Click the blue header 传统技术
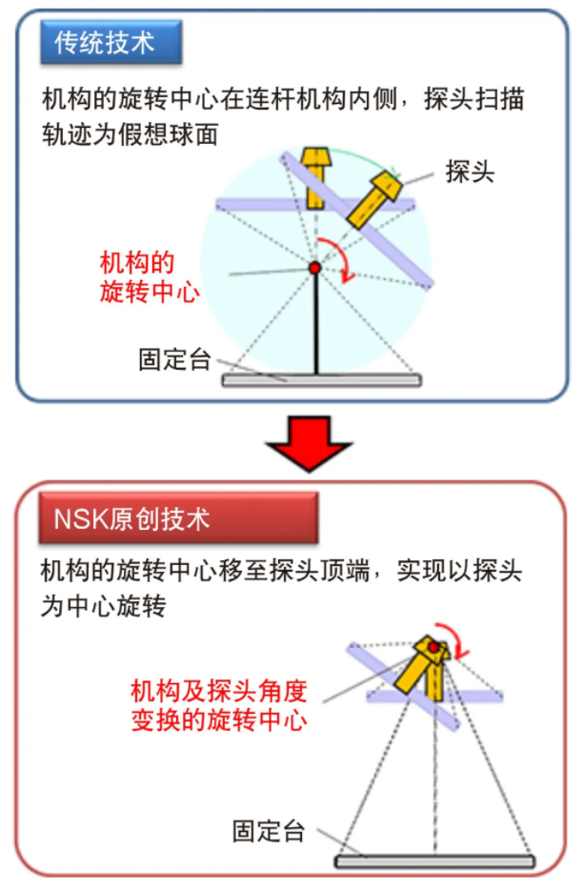point(111,43)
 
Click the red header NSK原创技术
point(178,518)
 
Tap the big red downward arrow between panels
point(309,444)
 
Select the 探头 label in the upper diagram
point(470,172)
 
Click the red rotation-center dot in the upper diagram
point(314,268)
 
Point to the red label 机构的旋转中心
point(150,278)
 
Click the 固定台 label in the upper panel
point(174,359)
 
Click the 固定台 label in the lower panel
point(269,831)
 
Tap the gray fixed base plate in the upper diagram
point(322,380)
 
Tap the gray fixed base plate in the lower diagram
point(434,861)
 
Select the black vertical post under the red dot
point(316,324)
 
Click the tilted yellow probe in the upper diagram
point(373,200)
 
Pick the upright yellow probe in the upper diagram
point(316,178)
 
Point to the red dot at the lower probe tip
point(434,647)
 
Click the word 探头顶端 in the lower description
point(320,571)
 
